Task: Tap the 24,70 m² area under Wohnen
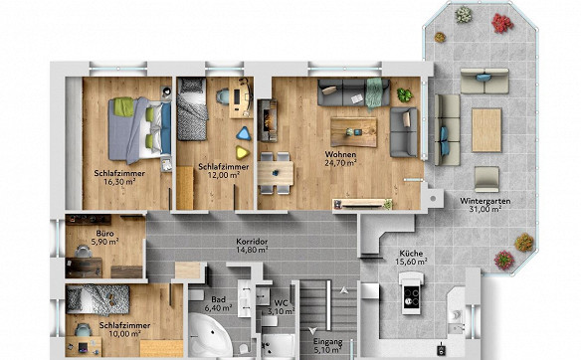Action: pyautogui.click(x=340, y=162)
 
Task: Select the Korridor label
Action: pyautogui.click(x=252, y=242)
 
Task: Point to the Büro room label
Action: pyautogui.click(x=104, y=234)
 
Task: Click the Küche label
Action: pyautogui.click(x=411, y=254)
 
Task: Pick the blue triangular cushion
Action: pyautogui.click(x=244, y=133)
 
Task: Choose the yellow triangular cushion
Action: pyautogui.click(x=242, y=152)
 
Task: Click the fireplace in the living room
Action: pyautogui.click(x=268, y=120)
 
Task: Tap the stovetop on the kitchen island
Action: pyautogui.click(x=411, y=297)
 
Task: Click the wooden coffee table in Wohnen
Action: pyautogui.click(x=354, y=132)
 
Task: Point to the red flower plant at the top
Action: pyautogui.click(x=502, y=23)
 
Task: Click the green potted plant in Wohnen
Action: pyautogui.click(x=404, y=95)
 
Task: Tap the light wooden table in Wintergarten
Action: pyautogui.click(x=486, y=130)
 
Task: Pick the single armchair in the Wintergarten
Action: pyautogui.click(x=486, y=179)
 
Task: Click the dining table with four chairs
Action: pyautogui.click(x=276, y=173)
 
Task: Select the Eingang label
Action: pyautogui.click(x=328, y=341)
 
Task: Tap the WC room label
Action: pyautogui.click(x=281, y=303)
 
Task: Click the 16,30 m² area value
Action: pyautogui.click(x=119, y=181)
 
